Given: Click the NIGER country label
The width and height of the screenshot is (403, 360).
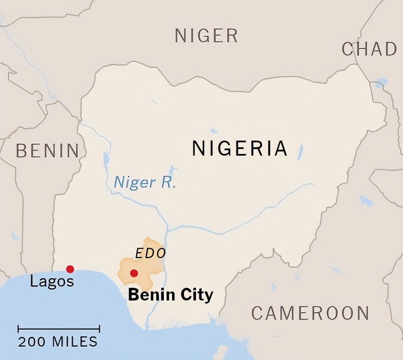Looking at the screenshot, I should [x=206, y=36].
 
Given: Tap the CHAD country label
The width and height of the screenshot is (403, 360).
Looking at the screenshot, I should [x=369, y=49].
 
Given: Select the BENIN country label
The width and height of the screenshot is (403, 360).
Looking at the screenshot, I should [x=47, y=151].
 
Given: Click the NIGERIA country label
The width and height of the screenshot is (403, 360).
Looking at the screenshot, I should [x=239, y=148].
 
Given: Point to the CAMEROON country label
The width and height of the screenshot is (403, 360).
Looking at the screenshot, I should [x=310, y=313].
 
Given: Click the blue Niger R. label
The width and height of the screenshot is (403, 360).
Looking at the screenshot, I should [x=145, y=182].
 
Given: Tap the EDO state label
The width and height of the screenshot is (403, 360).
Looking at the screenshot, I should [x=150, y=253].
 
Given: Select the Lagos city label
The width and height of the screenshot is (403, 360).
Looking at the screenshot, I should [x=52, y=281].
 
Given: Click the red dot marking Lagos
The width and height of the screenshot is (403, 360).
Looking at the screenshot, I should [x=70, y=269].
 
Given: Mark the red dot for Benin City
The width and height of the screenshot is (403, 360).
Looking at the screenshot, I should [x=134, y=273].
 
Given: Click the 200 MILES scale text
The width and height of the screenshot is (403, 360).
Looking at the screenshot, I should [x=58, y=341].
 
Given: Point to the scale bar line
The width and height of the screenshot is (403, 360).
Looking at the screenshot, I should [x=59, y=329].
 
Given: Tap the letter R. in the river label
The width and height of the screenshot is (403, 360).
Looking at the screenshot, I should [x=168, y=182].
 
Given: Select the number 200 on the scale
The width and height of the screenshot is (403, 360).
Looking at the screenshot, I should [x=32, y=341].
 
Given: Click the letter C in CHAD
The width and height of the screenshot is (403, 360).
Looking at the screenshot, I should [x=348, y=49].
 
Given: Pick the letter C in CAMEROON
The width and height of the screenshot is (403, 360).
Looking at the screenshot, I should [x=258, y=313].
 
